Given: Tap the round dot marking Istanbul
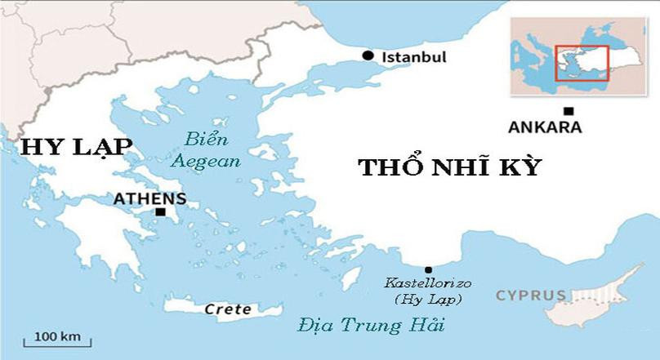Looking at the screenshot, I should pos(368,56).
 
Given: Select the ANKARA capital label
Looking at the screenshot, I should pos(545,127).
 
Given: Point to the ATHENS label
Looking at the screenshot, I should pos(149,198).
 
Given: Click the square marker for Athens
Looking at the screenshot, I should pos(161,212).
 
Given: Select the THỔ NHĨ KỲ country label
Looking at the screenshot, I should pos(450,167).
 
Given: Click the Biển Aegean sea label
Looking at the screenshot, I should pos(205,149).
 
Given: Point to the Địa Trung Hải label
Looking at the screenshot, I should pos(372,327).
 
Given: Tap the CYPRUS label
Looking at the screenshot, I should pos(531,295).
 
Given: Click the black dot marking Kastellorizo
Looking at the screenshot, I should pos(427,269).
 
